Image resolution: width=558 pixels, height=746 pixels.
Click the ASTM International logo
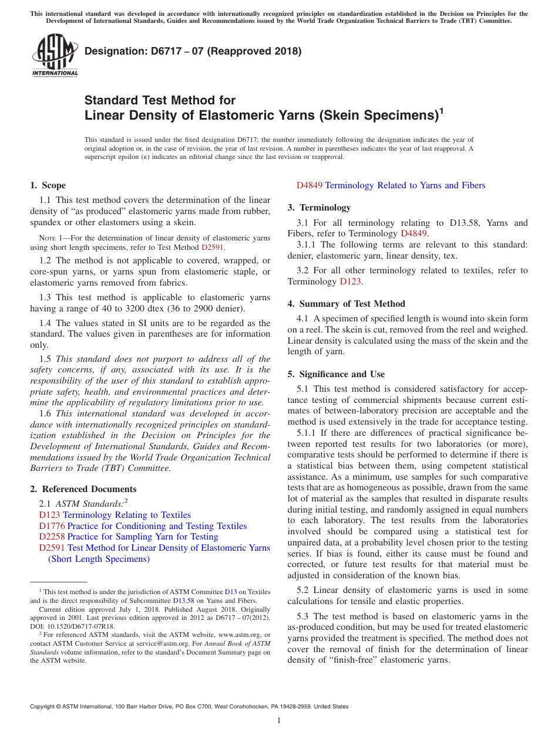point(55,56)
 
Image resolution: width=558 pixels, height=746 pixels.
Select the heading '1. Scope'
point(48,185)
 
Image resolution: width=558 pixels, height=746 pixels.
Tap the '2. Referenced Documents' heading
point(83,489)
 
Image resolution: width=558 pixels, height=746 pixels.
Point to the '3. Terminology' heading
point(319,208)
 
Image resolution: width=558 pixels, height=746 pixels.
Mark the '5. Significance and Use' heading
point(336,374)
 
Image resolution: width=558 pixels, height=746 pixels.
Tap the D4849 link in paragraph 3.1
point(414,233)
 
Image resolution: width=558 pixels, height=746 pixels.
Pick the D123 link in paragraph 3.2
point(351,282)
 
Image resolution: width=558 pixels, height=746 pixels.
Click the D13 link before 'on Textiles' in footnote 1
point(231,592)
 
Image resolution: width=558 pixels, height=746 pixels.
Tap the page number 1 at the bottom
point(279,720)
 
